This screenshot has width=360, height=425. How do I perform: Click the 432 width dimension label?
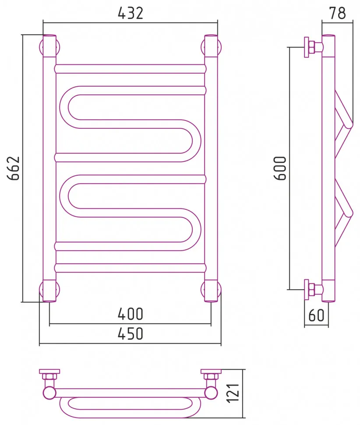tap(131, 13)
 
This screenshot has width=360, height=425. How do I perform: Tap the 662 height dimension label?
tap(14, 168)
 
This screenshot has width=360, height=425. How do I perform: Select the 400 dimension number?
tap(131, 314)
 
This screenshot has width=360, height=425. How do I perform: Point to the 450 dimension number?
tap(131, 334)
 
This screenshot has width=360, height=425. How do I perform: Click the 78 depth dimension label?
tap(338, 13)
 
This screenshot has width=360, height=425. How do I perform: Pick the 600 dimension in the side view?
tap(280, 168)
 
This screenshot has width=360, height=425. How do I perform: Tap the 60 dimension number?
tap(316, 315)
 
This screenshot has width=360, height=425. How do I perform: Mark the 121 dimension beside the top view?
tap(233, 393)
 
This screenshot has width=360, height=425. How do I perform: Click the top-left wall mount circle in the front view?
tap(41, 47)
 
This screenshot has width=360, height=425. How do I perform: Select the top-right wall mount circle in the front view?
tap(220, 47)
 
